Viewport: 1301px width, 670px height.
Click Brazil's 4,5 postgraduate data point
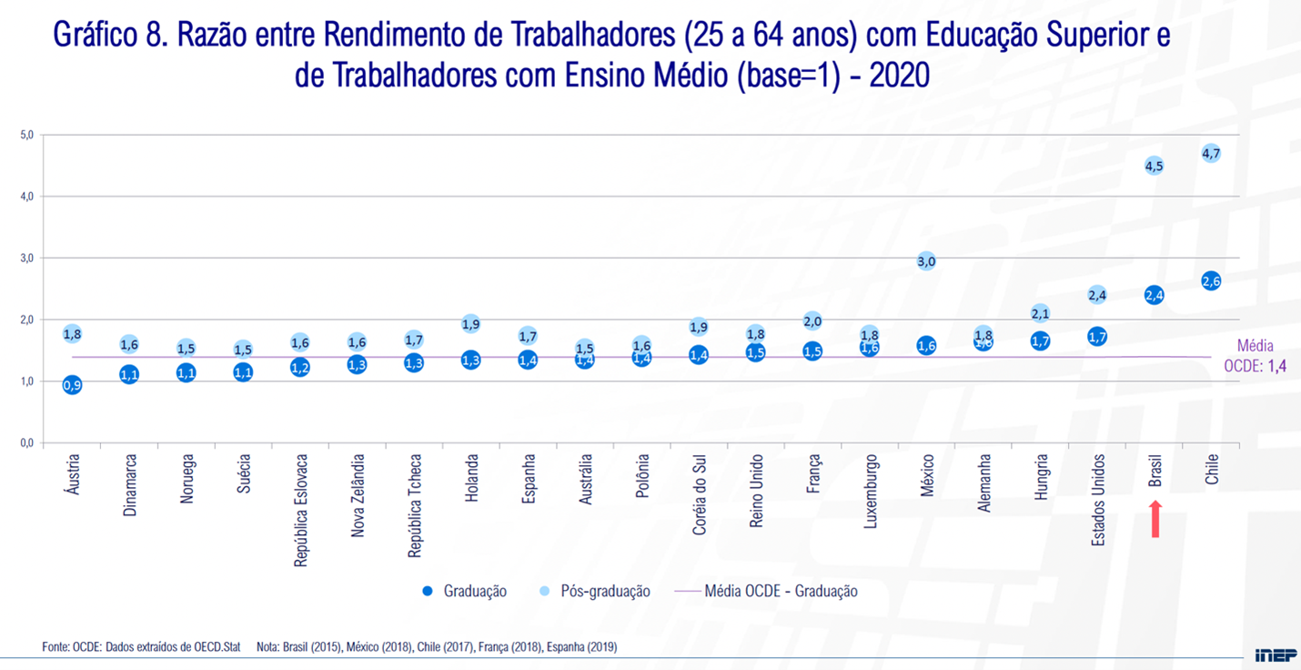(x=1154, y=166)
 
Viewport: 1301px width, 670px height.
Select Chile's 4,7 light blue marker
(x=1211, y=153)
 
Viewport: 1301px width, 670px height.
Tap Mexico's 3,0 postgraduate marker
(x=926, y=261)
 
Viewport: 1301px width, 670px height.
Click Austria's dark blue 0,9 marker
(x=72, y=385)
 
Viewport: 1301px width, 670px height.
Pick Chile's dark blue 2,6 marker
(x=1211, y=281)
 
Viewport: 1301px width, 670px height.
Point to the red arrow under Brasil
(x=1155, y=520)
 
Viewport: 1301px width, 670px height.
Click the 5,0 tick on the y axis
(x=26, y=135)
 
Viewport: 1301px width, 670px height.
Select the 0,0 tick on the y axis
(x=26, y=443)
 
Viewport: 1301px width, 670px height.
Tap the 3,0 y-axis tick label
(x=26, y=259)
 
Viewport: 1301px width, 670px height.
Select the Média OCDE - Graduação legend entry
(x=780, y=591)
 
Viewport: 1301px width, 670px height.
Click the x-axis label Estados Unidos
(x=1098, y=501)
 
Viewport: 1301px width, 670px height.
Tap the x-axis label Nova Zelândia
(x=358, y=496)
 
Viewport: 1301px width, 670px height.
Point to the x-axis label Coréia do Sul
(x=700, y=495)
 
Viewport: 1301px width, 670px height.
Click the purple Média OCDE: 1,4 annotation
(x=1261, y=357)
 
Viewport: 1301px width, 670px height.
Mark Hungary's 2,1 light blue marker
(x=1040, y=314)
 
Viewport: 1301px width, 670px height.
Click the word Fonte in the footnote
(x=56, y=647)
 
